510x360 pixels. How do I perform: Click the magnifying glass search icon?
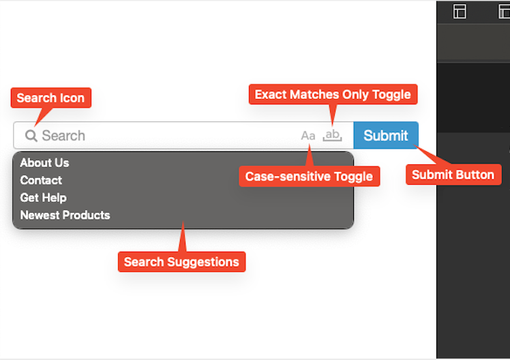point(31,136)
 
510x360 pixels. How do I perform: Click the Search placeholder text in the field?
point(63,136)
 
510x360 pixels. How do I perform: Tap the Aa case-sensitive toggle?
point(308,136)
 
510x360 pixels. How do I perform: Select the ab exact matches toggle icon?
point(332,135)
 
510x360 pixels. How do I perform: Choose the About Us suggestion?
point(44,162)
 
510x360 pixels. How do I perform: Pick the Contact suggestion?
point(41,180)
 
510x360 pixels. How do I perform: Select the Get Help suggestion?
point(43,198)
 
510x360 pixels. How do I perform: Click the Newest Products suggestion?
point(65,215)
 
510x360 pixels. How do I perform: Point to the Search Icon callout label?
point(50,97)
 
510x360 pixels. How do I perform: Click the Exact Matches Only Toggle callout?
point(333,94)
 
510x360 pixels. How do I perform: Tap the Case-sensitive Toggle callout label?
point(310,177)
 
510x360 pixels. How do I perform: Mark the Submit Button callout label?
point(453,175)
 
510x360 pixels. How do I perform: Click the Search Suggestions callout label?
point(182,262)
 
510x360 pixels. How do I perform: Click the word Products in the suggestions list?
point(87,215)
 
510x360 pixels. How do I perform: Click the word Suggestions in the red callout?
point(203,262)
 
